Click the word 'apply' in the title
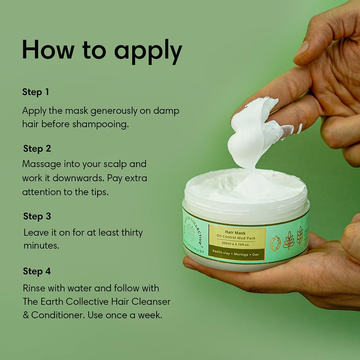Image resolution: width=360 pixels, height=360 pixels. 148,51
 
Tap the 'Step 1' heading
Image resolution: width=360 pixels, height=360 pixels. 35,92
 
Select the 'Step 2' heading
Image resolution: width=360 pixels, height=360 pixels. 37,148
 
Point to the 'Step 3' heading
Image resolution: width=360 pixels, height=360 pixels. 37,216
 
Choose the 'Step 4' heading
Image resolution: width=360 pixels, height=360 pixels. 37,271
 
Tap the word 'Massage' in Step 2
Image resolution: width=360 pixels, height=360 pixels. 41,164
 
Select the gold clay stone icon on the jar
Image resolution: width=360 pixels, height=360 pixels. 275,243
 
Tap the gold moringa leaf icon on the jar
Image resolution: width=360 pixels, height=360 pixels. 288,241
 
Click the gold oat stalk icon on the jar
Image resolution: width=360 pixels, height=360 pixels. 300,236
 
